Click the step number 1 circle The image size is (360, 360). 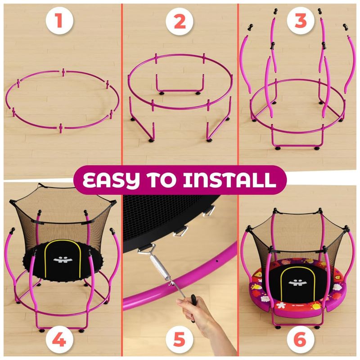tap(59, 21)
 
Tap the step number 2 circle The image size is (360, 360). tap(179, 21)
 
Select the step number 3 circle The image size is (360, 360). tap(301, 21)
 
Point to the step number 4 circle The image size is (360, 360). tap(59, 339)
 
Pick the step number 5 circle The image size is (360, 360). tap(179, 339)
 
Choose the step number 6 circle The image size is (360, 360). tap(301, 339)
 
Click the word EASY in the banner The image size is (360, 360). tap(111, 180)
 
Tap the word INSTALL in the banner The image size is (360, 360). tap(229, 179)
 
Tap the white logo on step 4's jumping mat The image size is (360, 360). tap(63, 260)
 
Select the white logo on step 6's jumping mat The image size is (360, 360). tap(298, 283)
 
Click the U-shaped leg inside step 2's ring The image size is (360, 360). tap(180, 90)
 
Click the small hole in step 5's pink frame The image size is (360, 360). tap(217, 261)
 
